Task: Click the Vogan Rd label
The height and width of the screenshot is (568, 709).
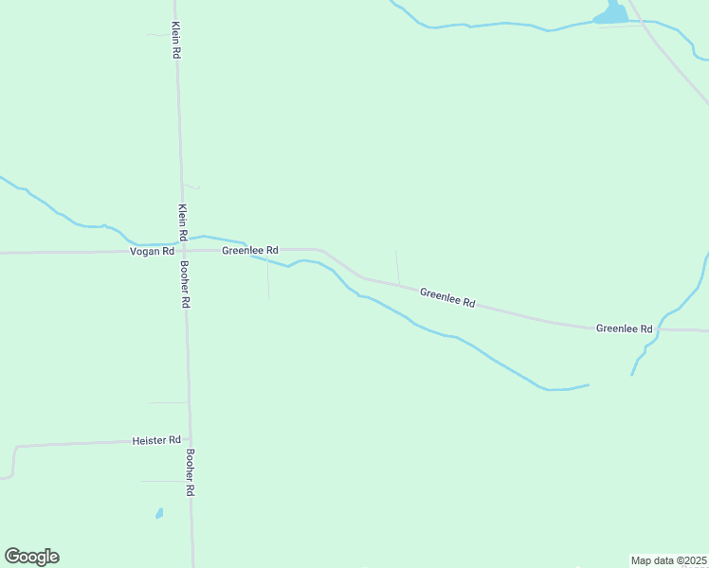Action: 153,251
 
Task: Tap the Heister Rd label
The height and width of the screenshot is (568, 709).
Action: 156,440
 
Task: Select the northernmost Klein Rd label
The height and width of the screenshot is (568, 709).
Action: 176,41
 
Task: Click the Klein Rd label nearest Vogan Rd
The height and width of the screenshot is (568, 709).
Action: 182,221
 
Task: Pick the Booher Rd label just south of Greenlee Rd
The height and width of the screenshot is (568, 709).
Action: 186,284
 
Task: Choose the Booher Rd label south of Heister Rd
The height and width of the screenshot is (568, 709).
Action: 191,472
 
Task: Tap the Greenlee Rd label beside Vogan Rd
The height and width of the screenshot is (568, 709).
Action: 249,250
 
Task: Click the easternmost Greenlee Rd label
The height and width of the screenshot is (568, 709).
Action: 625,328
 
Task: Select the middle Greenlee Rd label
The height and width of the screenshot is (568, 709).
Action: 447,298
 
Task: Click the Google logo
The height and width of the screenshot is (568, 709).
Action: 31,557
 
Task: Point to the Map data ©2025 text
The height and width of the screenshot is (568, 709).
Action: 668,559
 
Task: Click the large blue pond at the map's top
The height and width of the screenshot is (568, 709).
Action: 610,14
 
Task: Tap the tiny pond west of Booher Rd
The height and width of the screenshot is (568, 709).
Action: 159,513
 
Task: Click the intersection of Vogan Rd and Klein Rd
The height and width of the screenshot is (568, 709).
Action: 183,251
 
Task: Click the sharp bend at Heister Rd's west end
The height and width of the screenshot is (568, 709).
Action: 15,448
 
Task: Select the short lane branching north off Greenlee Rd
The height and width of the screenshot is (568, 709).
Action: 397,266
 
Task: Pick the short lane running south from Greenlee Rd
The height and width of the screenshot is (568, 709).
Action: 268,281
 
